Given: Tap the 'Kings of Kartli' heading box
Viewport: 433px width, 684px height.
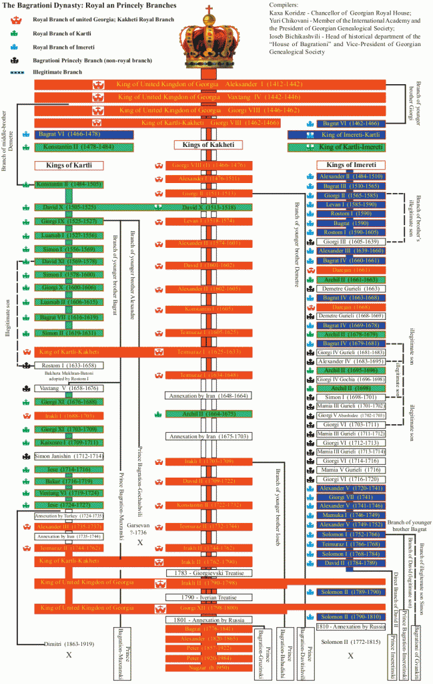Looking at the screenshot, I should (68, 165).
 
